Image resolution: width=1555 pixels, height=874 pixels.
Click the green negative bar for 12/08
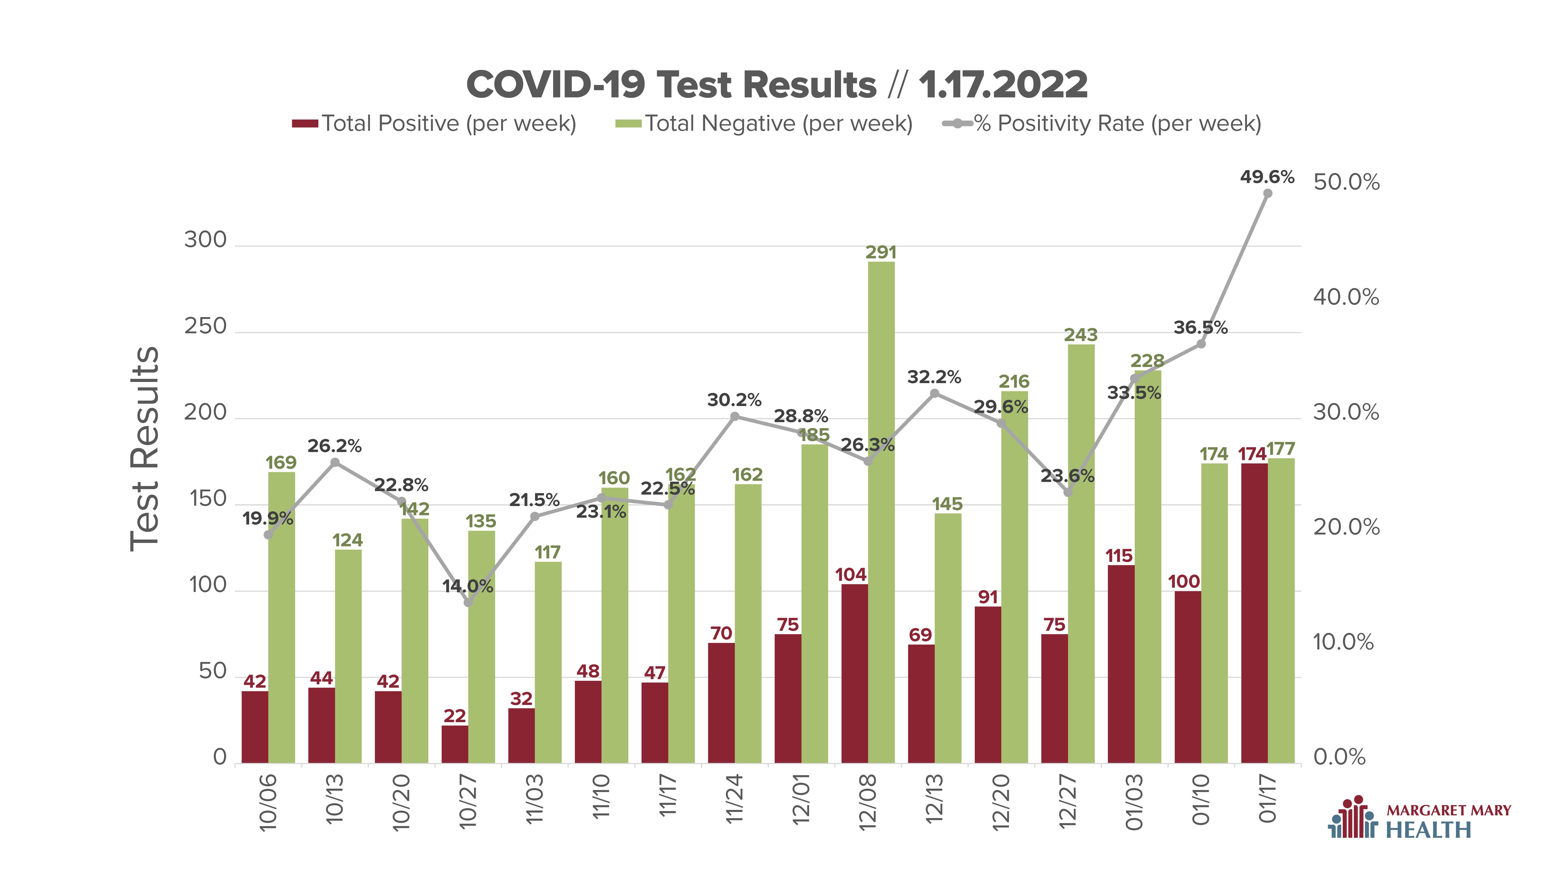(x=881, y=513)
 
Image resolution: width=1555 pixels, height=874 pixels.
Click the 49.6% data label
(x=1267, y=177)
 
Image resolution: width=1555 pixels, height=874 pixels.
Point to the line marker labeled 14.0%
(x=468, y=602)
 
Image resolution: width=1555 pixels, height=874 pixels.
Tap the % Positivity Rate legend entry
(x=1102, y=124)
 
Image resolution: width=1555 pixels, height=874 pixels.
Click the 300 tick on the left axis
(x=205, y=240)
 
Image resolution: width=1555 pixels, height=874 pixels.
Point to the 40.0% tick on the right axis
(x=1346, y=297)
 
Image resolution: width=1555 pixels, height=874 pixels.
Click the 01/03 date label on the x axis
(x=1134, y=802)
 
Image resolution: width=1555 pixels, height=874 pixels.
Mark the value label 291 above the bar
(x=881, y=253)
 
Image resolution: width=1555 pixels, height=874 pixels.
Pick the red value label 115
(x=1119, y=556)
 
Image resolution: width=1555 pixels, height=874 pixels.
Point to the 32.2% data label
(x=934, y=378)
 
